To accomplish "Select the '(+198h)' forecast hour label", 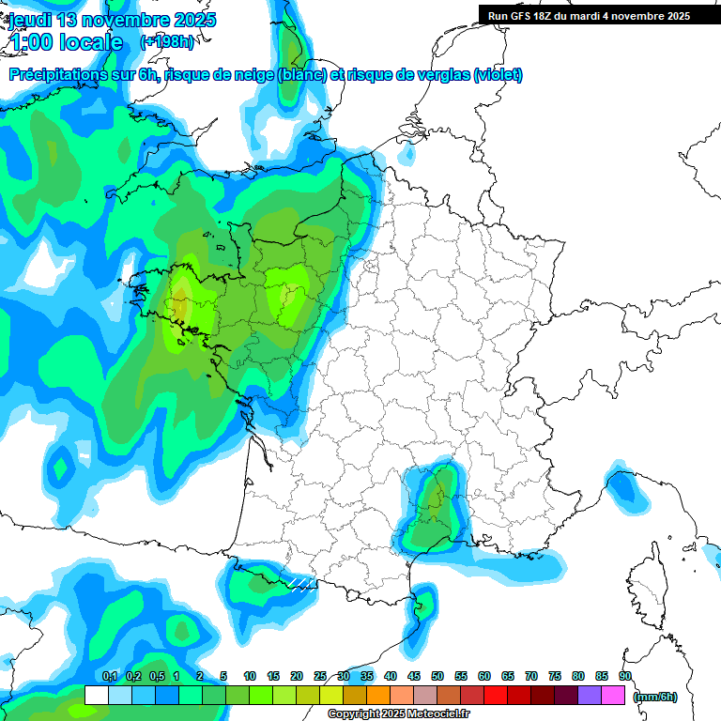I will [167, 42].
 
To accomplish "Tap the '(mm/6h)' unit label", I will [655, 696].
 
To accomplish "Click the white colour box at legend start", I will [96, 696].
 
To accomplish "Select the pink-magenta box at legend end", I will [613, 696].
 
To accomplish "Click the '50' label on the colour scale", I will [437, 676].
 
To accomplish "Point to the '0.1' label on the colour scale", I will [109, 676].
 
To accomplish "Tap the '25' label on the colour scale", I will [320, 676].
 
